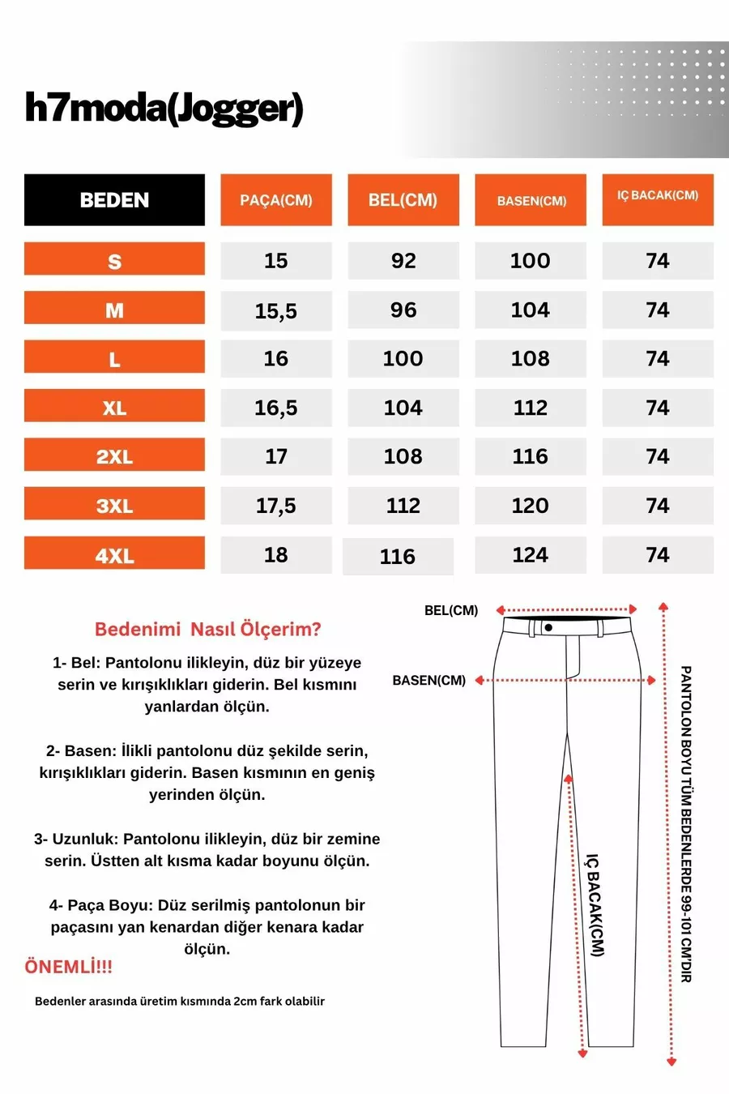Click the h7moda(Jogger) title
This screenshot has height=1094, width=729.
point(164,109)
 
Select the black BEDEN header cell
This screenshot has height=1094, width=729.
point(114,200)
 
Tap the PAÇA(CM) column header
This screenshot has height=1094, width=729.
point(276,200)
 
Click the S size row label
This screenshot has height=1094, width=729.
point(114,261)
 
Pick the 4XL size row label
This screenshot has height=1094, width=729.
point(114,555)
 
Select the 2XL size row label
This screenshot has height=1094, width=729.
point(114,456)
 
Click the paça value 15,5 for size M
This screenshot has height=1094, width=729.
point(276,310)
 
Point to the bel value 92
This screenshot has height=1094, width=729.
point(403,261)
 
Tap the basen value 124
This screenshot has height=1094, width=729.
point(531,555)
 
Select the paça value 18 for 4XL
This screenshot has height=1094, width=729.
point(276,555)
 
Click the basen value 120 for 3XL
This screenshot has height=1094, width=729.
point(531,506)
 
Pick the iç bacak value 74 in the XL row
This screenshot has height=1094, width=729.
point(658,408)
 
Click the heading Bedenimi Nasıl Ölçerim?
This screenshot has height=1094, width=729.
point(208,629)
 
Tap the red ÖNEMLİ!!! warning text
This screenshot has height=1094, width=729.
point(69,966)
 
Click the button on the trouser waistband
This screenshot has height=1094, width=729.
point(548,627)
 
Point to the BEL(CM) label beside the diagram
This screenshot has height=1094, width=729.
point(451,610)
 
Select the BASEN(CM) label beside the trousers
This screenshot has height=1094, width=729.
point(429,681)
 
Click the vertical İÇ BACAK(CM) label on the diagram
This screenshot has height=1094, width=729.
point(595,904)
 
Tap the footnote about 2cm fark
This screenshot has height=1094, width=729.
point(180,1001)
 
